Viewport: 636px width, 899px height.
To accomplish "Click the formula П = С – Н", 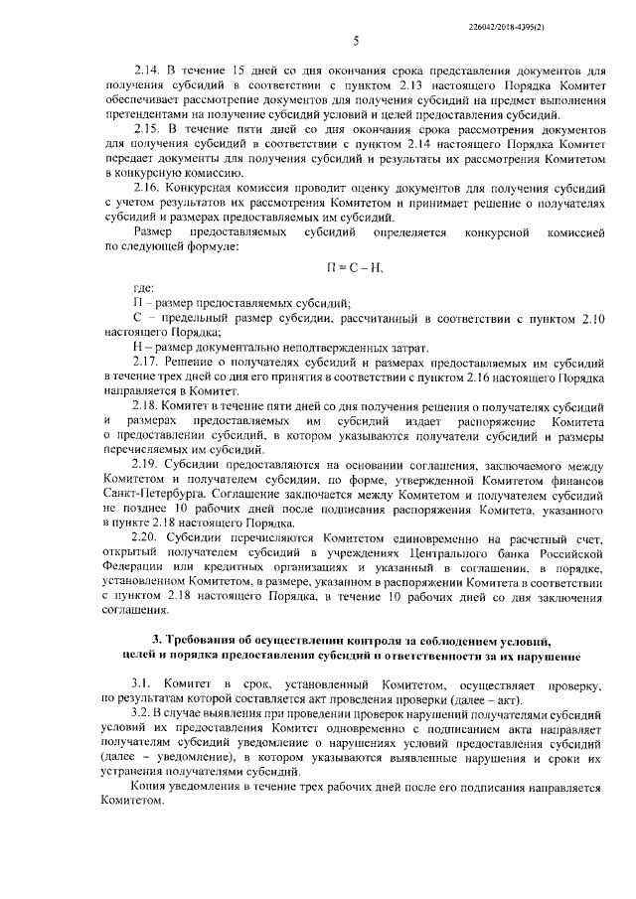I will point(355,267).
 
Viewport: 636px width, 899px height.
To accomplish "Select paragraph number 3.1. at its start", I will point(144,685).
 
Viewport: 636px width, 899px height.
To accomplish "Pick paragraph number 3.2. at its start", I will point(144,714).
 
